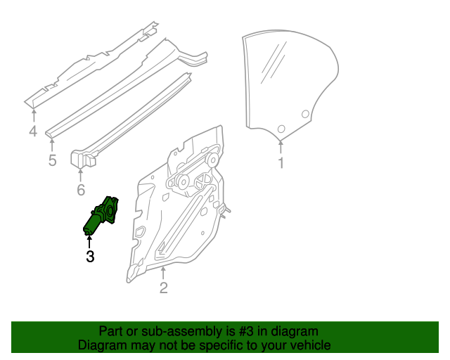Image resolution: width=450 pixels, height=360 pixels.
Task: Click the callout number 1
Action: click(x=281, y=164)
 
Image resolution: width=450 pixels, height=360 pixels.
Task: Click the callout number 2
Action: click(x=163, y=287)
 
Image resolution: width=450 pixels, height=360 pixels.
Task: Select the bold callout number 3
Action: click(x=89, y=257)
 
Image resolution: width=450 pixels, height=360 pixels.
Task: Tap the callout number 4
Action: click(x=33, y=131)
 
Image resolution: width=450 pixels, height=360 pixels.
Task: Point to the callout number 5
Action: click(x=52, y=161)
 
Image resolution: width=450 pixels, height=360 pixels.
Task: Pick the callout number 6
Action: click(x=80, y=190)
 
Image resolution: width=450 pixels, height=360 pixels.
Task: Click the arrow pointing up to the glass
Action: click(x=281, y=146)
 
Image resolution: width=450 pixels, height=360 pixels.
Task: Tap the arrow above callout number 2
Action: click(x=163, y=271)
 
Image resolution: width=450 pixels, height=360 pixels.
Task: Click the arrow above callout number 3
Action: click(x=89, y=241)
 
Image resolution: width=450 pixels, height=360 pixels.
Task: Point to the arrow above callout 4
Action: click(x=33, y=115)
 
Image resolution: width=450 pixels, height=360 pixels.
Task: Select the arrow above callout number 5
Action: click(x=52, y=145)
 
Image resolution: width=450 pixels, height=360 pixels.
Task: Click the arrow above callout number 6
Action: click(x=80, y=174)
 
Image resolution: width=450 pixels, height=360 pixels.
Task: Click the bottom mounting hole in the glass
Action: click(x=281, y=129)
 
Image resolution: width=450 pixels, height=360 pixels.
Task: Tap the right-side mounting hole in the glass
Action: click(x=305, y=115)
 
